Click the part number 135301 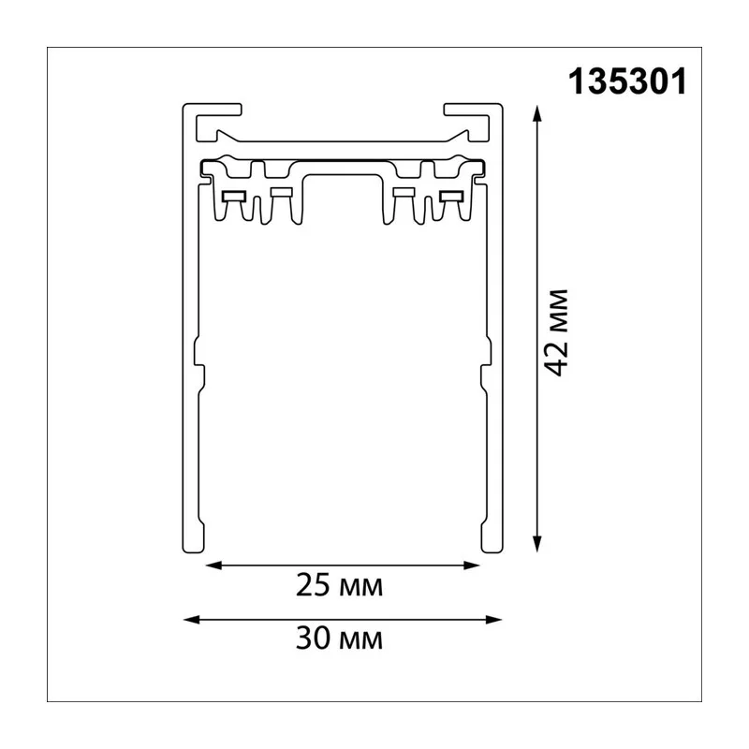627,81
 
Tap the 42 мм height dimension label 557,333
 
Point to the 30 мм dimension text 339,639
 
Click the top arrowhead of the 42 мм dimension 537,113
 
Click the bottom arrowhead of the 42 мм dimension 537,544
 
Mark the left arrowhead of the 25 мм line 214,565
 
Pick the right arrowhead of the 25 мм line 472,565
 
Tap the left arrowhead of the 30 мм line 192,620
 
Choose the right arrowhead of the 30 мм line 493,620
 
